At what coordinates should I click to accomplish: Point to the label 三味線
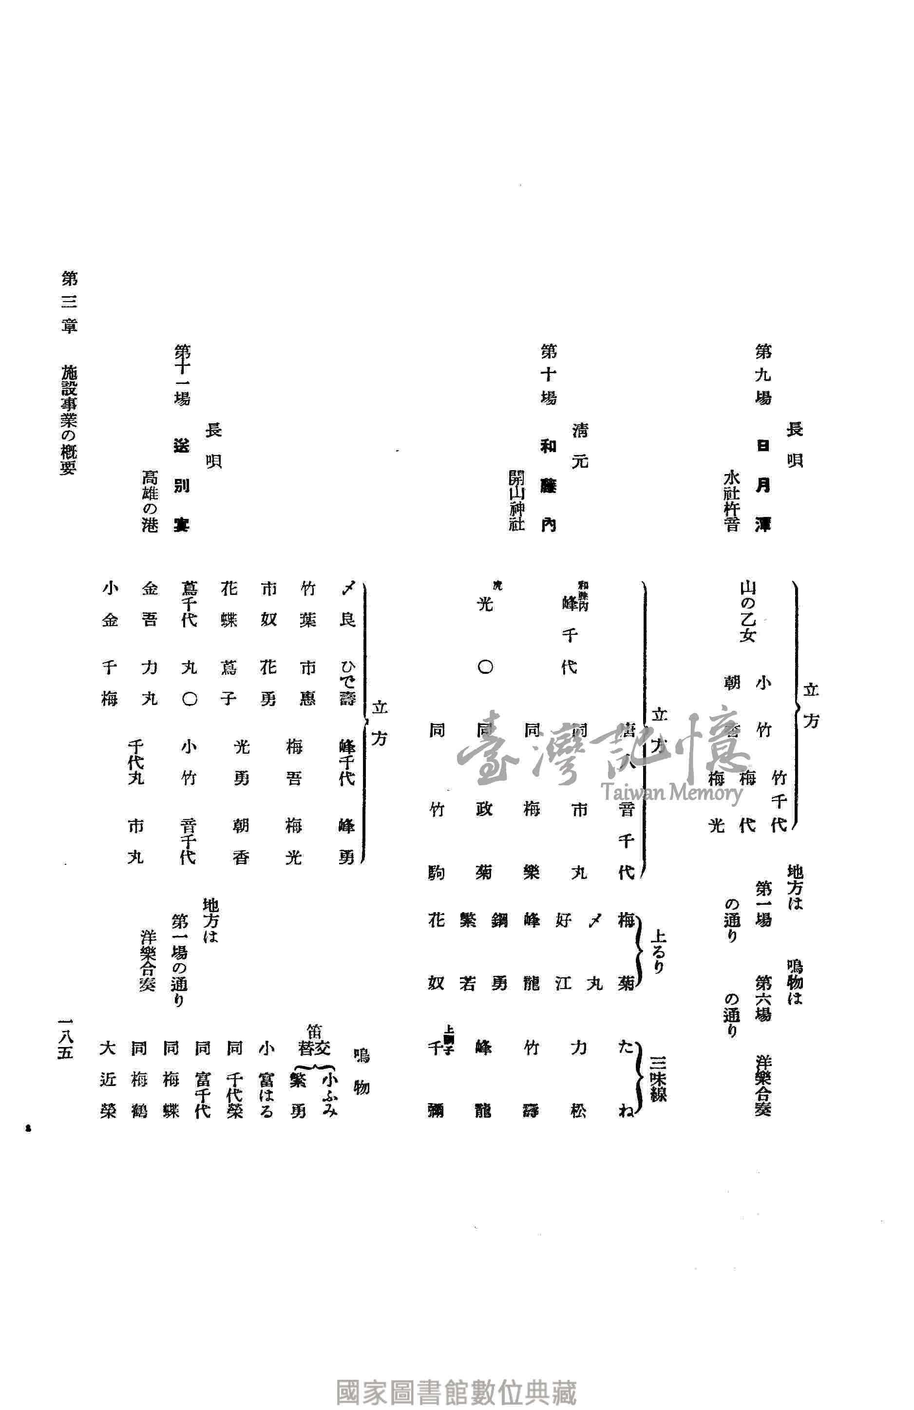[658, 1079]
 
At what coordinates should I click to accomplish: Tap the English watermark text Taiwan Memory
[672, 793]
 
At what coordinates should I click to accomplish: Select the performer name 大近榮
[109, 1079]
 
